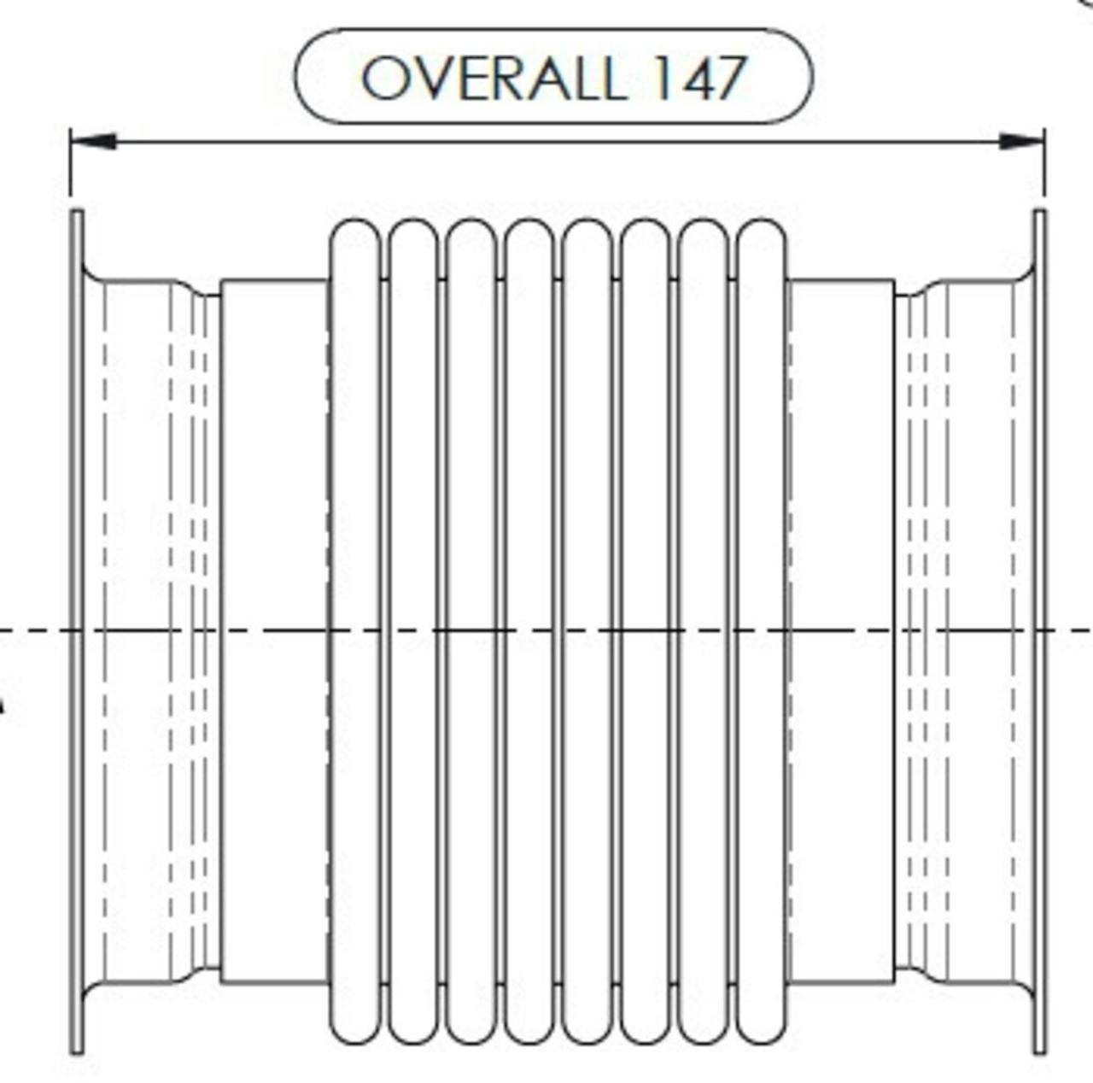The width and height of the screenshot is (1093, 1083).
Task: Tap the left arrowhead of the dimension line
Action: (94, 141)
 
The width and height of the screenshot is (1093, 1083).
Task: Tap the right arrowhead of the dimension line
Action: (1021, 141)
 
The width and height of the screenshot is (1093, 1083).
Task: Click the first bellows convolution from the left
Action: (354, 631)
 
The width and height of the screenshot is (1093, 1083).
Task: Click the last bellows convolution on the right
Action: (763, 631)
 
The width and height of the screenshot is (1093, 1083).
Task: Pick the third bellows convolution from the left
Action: (471, 631)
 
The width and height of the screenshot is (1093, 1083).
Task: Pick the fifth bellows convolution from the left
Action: (587, 631)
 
